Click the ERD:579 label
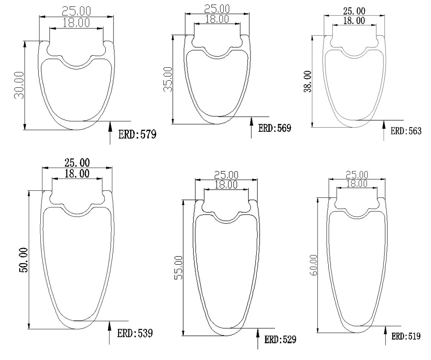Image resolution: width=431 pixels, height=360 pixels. coord(137,135)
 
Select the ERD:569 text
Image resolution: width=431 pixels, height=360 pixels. coord(275,128)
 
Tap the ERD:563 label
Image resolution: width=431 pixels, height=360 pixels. coord(406,131)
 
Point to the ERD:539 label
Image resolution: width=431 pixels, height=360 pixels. coord(135,333)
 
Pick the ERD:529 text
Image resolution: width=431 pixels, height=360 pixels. coord(280,340)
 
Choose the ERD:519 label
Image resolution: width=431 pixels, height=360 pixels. coord(406,336)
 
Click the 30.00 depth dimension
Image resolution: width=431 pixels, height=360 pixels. coord(20,85)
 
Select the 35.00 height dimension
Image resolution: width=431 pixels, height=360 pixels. coord(168,80)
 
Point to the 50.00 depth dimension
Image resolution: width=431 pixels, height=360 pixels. coord(23,260)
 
